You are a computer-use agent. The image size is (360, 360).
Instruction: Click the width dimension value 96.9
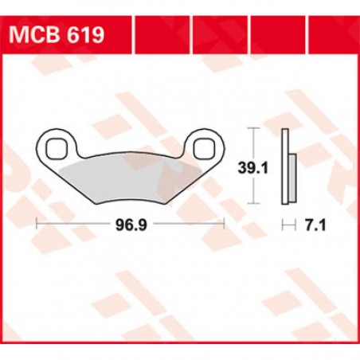click(x=131, y=224)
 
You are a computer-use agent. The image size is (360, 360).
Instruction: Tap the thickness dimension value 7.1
click(x=313, y=224)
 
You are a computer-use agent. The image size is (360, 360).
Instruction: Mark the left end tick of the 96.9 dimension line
click(x=37, y=224)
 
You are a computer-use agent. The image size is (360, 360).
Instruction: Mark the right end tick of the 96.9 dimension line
click(x=225, y=224)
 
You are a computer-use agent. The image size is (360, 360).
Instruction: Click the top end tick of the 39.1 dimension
click(x=253, y=127)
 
